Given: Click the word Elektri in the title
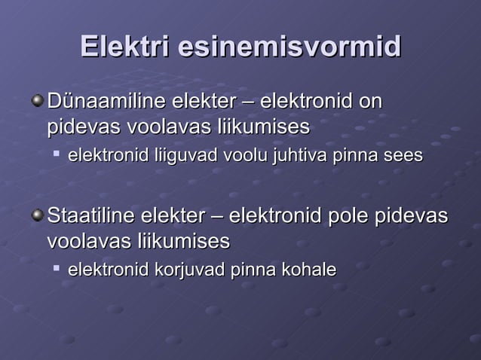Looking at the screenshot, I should pyautogui.click(x=125, y=47).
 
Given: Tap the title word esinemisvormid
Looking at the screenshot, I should pyautogui.click(x=290, y=47).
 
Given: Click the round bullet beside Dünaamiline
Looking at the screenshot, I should pyautogui.click(x=37, y=101).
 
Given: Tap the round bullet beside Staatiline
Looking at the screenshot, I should pyautogui.click(x=37, y=217).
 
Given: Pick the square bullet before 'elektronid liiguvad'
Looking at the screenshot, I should pyautogui.click(x=57, y=155).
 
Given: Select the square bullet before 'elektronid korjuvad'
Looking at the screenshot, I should pyautogui.click(x=57, y=268).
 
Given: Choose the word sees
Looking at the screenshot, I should pyautogui.click(x=403, y=157).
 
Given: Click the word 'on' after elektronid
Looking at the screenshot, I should pyautogui.click(x=371, y=101).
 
